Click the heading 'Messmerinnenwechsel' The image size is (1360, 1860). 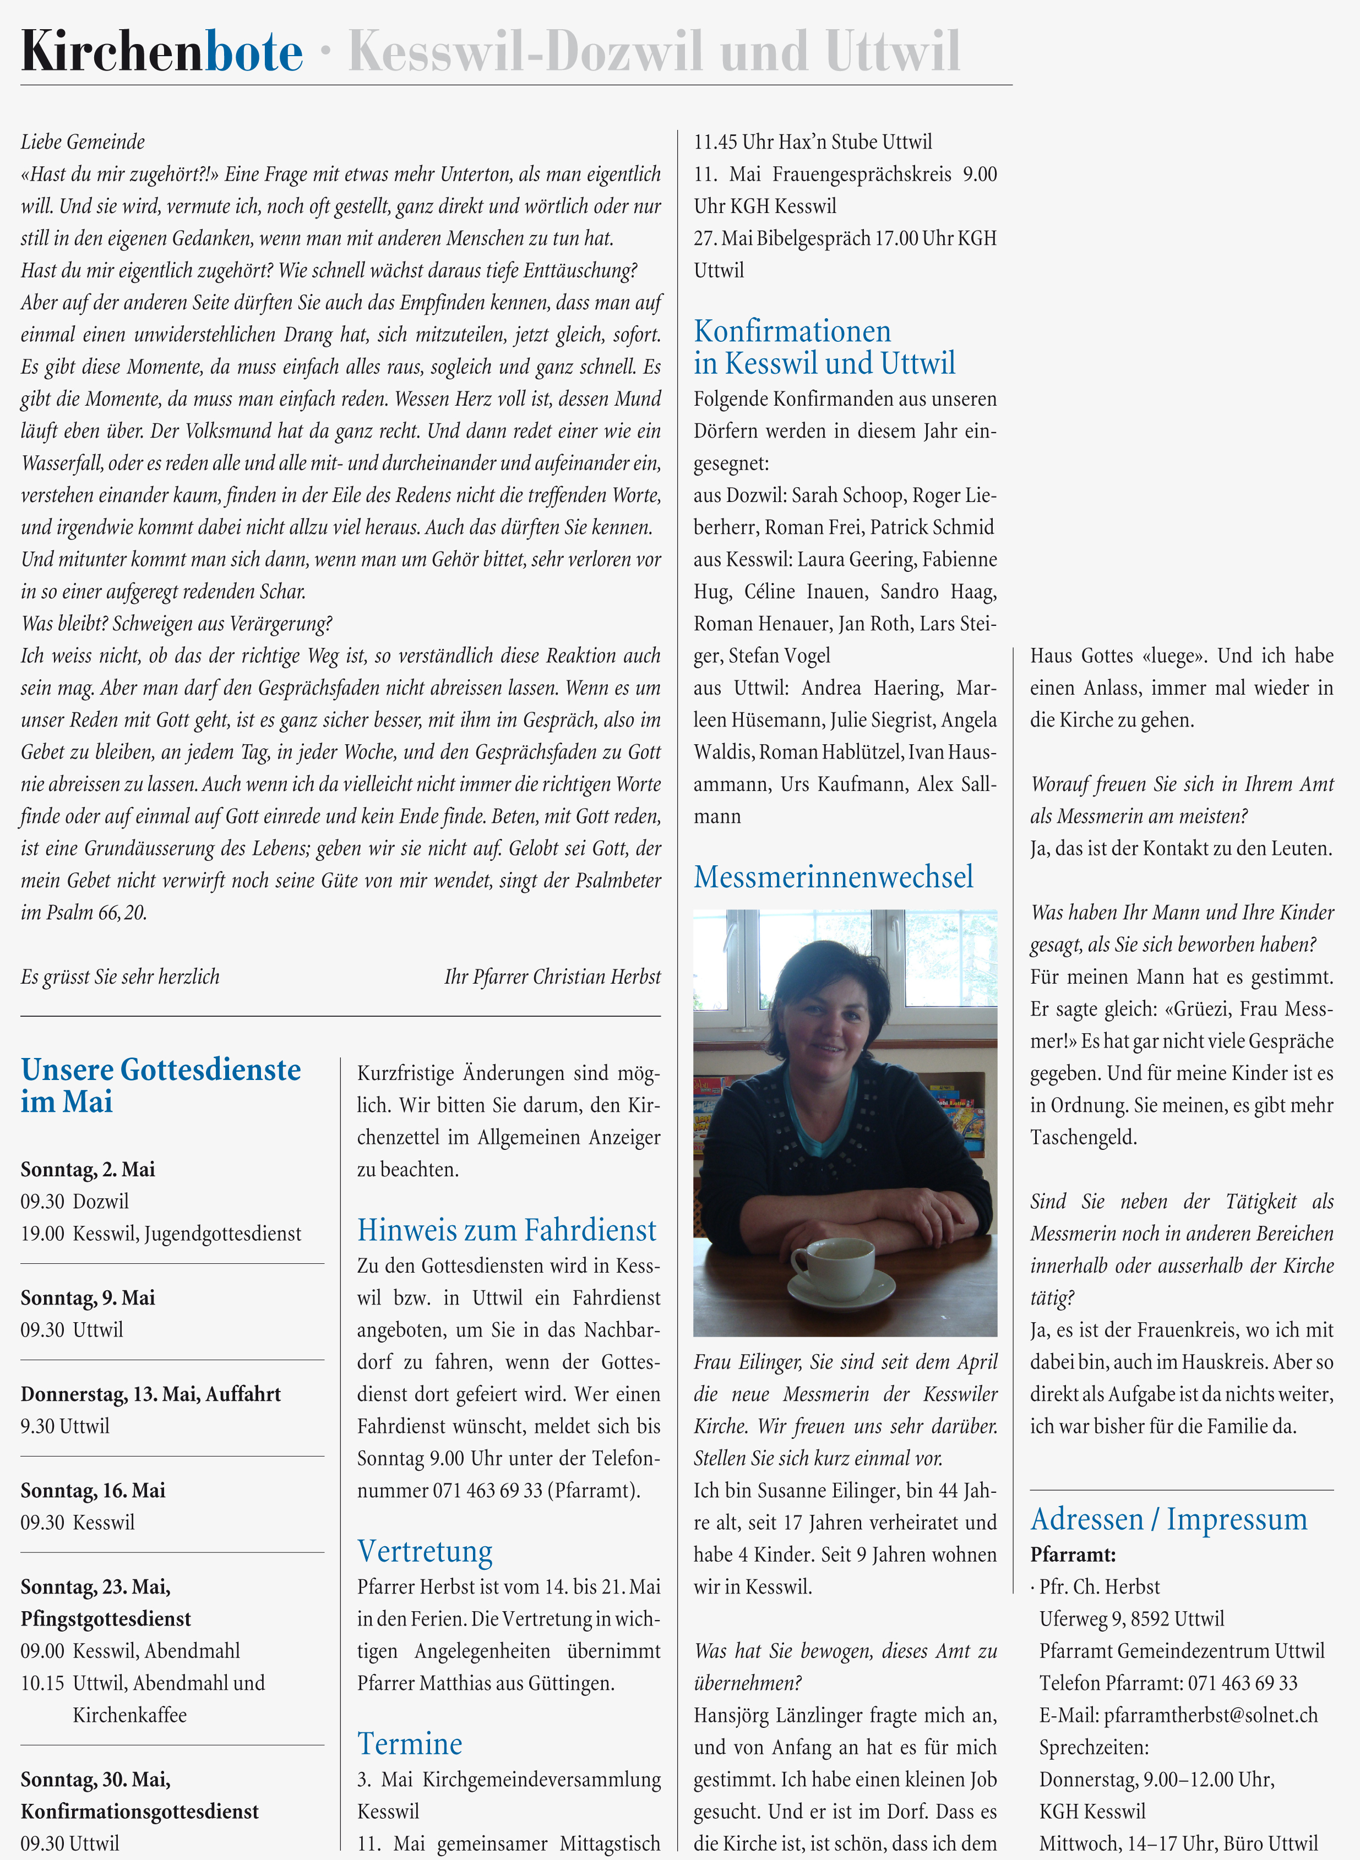coord(833,877)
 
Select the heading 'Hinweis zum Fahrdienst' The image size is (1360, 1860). coord(507,1230)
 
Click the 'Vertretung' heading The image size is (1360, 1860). coord(425,1551)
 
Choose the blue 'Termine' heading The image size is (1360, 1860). coord(410,1744)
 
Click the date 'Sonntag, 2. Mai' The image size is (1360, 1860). coord(88,1170)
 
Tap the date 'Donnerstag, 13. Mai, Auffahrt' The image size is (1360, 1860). coord(151,1394)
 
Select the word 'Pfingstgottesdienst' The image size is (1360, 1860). coord(105,1619)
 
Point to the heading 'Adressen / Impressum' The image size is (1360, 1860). coord(1169,1519)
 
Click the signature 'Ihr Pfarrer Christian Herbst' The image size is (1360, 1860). coord(552,977)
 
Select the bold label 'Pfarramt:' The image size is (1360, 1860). coord(1073,1554)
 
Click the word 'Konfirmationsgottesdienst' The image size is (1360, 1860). coord(140,1812)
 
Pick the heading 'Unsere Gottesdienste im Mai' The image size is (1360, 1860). coord(161,1086)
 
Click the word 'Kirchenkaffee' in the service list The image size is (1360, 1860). coord(129,1715)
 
